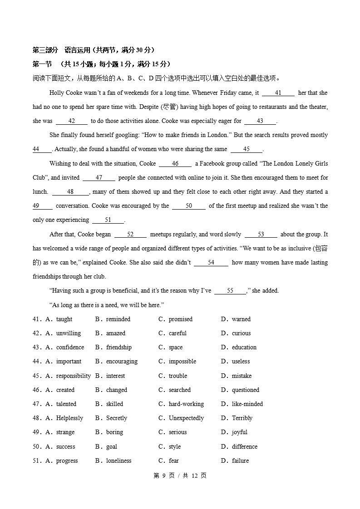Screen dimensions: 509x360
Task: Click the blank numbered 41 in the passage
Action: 278,93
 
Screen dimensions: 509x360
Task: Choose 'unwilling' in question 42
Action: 68,333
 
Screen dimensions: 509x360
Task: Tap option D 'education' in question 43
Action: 244,347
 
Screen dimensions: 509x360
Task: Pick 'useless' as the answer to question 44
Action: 241,362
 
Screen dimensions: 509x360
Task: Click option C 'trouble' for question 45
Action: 178,376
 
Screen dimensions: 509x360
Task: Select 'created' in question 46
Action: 65,390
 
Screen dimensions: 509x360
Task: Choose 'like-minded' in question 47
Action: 247,404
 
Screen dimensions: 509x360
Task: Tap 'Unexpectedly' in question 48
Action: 186,418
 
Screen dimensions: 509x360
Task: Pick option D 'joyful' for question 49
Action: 239,432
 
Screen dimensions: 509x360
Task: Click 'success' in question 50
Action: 65,447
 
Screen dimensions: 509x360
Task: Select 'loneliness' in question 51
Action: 118,461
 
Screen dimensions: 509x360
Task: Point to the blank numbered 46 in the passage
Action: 175,164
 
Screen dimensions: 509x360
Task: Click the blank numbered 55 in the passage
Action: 230,291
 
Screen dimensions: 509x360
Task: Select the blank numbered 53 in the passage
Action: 261,235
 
